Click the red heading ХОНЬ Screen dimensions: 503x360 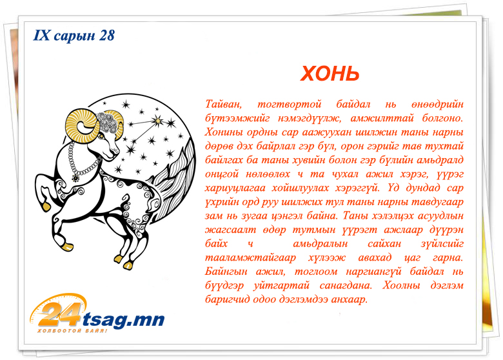pyautogui.click(x=330, y=74)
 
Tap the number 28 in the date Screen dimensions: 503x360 pyautogui.click(x=106, y=35)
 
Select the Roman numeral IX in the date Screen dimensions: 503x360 pyautogui.click(x=41, y=35)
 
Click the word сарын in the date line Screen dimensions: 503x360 pyautogui.click(x=74, y=36)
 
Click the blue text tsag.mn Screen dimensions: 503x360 pyautogui.click(x=123, y=319)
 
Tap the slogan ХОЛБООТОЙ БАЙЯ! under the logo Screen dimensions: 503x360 pyautogui.click(x=72, y=330)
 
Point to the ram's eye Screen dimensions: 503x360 pyautogui.click(x=102, y=137)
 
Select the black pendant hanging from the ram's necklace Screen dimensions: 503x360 pyautogui.click(x=75, y=177)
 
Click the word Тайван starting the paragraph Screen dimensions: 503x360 pyautogui.click(x=223, y=105)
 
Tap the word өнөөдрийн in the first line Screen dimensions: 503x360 pyautogui.click(x=437, y=105)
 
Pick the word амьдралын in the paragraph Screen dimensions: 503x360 pyautogui.click(x=320, y=244)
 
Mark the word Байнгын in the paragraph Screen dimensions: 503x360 pyautogui.click(x=226, y=272)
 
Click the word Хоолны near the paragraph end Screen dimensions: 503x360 pyautogui.click(x=401, y=285)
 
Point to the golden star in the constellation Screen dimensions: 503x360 pyautogui.click(x=157, y=121)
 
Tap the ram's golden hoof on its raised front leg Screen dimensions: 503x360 pyautogui.click(x=46, y=206)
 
